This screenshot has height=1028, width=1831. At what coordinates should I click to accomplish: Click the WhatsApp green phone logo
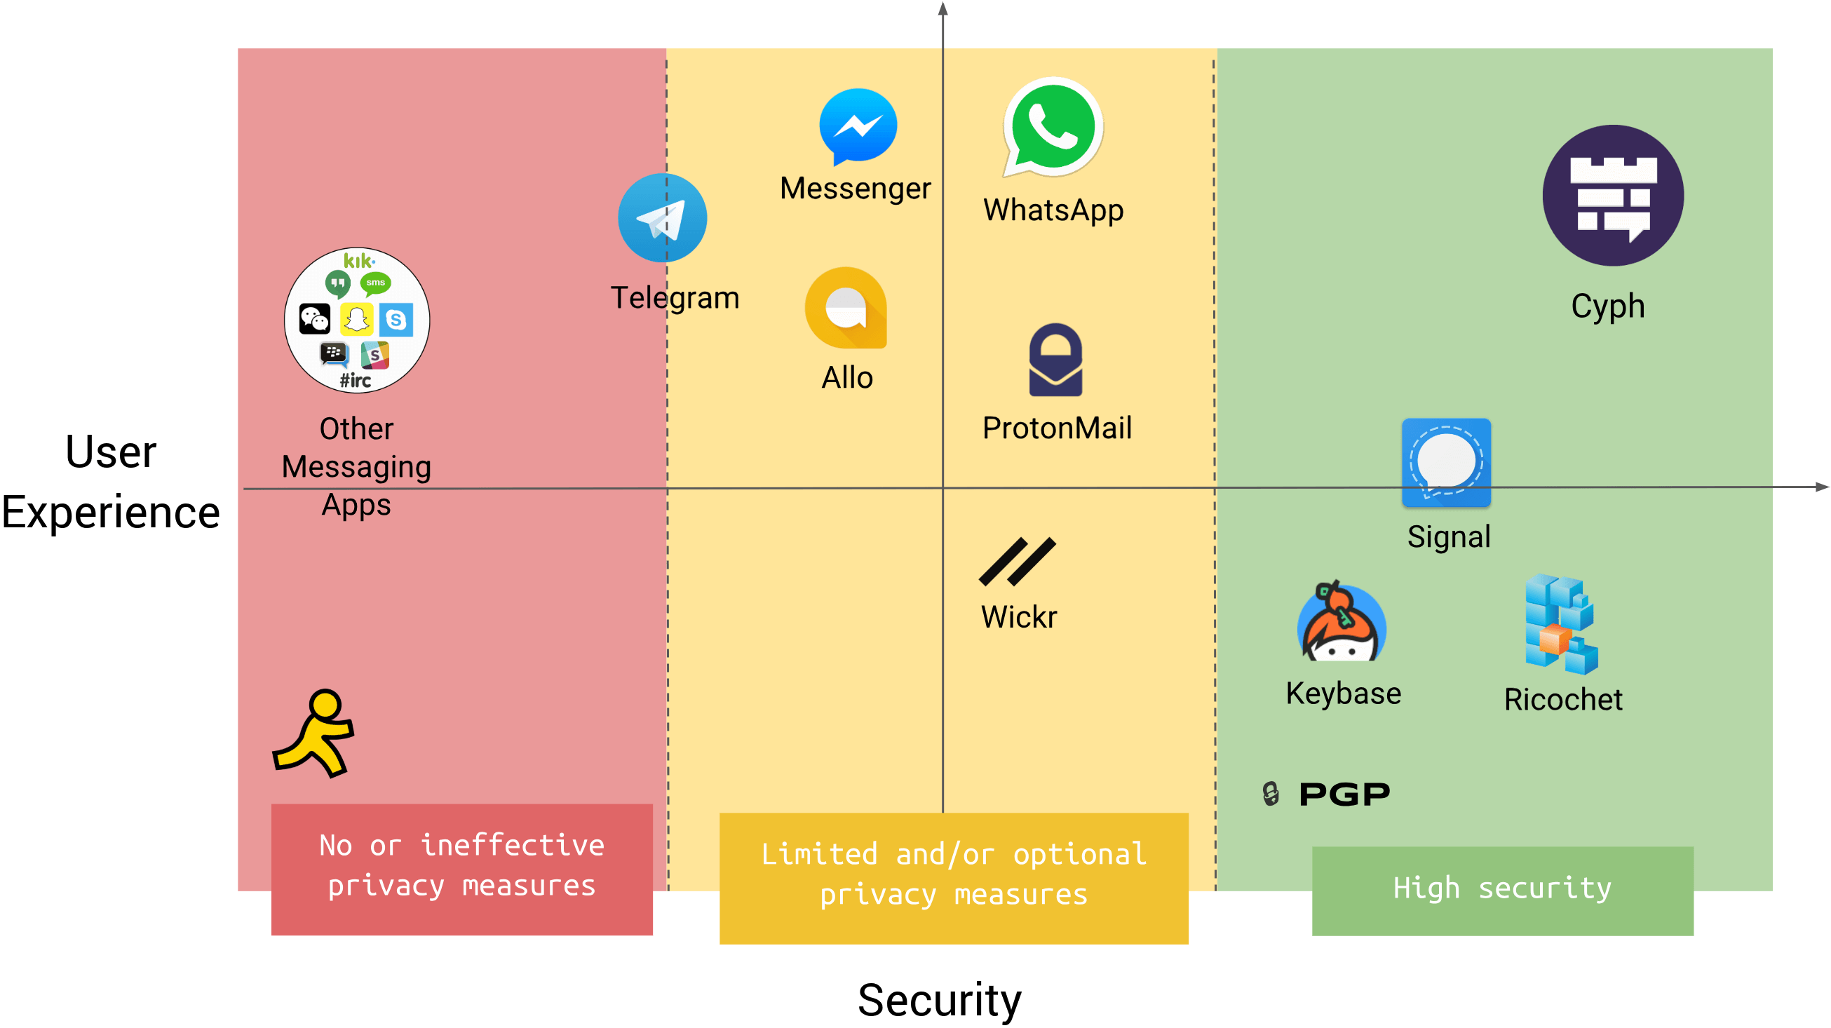coord(1053,127)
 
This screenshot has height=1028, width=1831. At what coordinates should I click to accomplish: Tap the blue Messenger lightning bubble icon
coord(858,126)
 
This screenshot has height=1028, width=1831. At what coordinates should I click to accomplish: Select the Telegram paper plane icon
coord(662,218)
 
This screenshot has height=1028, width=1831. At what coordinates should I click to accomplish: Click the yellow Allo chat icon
coord(846,308)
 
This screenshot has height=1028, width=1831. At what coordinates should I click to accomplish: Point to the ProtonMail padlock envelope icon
coord(1055,360)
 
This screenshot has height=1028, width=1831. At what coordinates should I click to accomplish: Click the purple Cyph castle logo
coord(1613,196)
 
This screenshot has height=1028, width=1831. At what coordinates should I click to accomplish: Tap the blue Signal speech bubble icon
coord(1446,463)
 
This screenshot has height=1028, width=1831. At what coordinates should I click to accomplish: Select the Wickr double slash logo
coord(1017,562)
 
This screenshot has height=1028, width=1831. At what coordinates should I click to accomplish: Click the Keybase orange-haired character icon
coord(1342,623)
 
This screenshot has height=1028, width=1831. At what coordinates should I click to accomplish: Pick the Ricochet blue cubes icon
coord(1560,625)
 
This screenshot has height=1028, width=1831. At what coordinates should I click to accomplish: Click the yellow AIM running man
coord(315,733)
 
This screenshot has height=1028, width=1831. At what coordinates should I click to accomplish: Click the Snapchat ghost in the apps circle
coord(356,319)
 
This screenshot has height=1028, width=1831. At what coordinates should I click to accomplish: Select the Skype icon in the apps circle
coord(396,320)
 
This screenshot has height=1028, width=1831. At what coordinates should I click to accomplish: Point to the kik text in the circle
coord(358,261)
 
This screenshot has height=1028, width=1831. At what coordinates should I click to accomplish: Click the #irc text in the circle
coord(356,381)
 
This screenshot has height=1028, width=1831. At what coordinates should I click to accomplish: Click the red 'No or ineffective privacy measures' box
coord(462,869)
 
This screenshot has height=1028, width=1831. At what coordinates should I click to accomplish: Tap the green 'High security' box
coord(1502,890)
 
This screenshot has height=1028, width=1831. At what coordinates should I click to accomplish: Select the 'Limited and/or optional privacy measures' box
coord(953,877)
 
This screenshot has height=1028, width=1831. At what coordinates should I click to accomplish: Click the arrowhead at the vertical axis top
coord(942,8)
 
